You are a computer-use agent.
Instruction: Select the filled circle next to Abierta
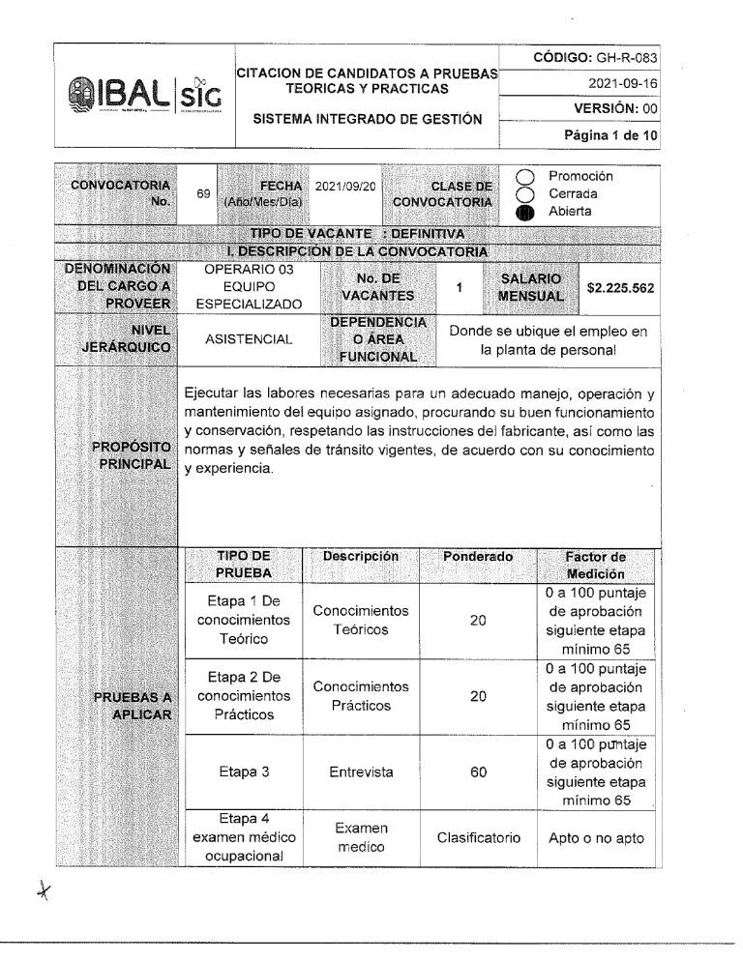[x=525, y=212]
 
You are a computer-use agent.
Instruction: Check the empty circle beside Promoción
[x=525, y=177]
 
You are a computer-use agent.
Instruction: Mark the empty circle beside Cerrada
[x=525, y=193]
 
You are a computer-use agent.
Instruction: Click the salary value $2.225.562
[x=619, y=288]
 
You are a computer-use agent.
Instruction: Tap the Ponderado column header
[x=478, y=557]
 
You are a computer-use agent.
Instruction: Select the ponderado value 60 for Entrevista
[x=478, y=772]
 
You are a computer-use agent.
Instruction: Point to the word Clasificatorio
[x=478, y=839]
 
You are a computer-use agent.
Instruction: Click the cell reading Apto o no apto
[x=595, y=839]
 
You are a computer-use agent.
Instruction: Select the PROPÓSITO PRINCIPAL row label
[x=134, y=455]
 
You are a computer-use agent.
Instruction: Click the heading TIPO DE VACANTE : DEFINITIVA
[x=357, y=234]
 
